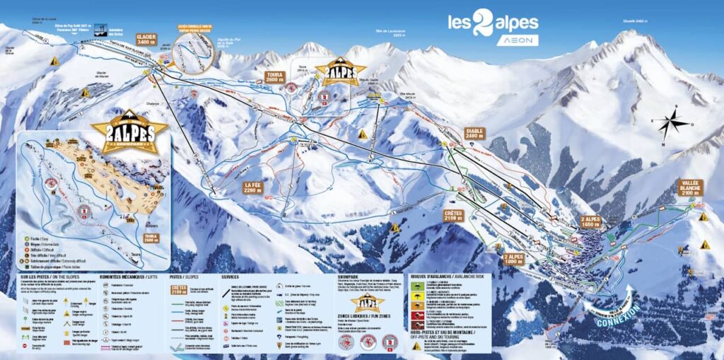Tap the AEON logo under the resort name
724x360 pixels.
(516, 41)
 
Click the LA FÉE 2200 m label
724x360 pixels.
(253, 188)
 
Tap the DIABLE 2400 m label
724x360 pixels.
(475, 134)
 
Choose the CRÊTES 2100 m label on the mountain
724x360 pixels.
(453, 214)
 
